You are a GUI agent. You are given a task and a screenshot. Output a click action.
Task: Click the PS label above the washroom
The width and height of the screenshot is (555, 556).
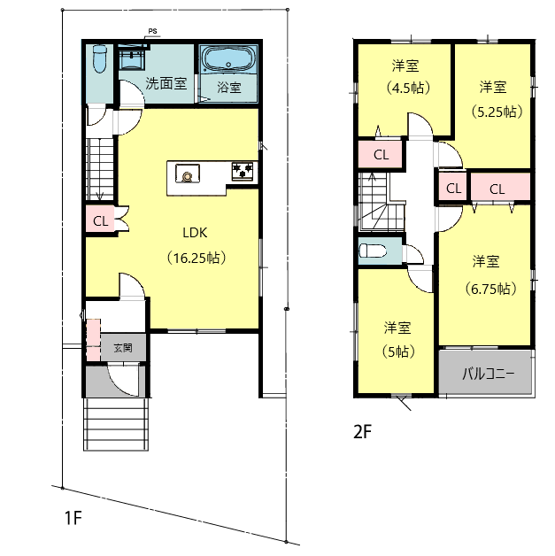152,32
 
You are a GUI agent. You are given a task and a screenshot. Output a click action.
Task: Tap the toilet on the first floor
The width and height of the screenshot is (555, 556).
100,58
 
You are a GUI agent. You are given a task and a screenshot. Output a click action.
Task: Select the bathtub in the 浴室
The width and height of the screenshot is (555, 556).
228,59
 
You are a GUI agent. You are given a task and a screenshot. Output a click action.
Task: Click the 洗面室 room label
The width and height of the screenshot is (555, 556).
166,83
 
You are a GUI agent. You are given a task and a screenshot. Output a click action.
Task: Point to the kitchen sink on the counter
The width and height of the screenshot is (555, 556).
188,174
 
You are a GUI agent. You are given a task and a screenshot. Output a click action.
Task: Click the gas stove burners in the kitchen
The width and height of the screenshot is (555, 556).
243,171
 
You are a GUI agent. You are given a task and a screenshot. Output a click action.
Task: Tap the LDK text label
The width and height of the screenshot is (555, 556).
195,233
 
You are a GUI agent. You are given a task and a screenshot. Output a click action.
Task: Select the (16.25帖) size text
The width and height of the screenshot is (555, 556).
197,258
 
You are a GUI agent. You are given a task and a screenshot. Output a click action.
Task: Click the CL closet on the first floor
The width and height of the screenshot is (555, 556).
100,221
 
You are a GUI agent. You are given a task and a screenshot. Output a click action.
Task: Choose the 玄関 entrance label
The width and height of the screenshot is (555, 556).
123,348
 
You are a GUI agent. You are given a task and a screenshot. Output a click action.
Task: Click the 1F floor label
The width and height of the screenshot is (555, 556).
73,518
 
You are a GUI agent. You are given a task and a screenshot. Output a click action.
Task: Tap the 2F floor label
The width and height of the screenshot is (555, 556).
362,432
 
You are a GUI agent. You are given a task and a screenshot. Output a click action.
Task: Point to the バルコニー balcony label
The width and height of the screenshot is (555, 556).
488,374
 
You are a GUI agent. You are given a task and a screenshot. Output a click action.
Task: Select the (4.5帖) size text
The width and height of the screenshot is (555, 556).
408,88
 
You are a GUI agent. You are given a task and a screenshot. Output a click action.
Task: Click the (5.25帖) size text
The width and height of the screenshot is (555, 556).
497,112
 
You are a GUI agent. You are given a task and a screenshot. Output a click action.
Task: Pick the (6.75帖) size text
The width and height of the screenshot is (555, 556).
490,289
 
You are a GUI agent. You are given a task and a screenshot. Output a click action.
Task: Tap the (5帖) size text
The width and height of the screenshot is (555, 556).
398,351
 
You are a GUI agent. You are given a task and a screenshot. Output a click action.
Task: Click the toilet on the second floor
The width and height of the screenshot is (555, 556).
373,251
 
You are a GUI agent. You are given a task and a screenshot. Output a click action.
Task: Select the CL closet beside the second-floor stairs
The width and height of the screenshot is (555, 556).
381,155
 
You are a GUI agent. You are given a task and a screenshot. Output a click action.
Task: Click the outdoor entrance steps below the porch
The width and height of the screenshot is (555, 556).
116,424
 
